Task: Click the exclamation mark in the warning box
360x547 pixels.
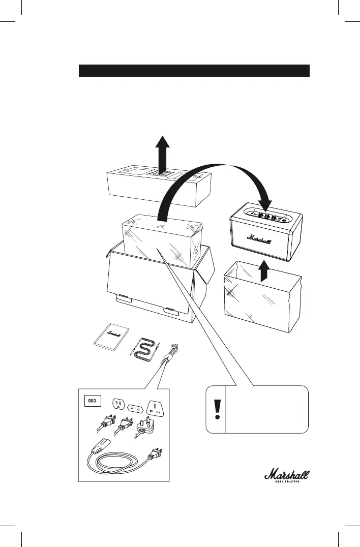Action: click(x=218, y=409)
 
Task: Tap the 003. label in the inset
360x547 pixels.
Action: click(x=93, y=401)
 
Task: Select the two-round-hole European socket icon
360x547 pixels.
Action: click(x=135, y=407)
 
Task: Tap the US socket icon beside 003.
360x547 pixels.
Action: click(x=119, y=404)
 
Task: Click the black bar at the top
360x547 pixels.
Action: click(x=194, y=70)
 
